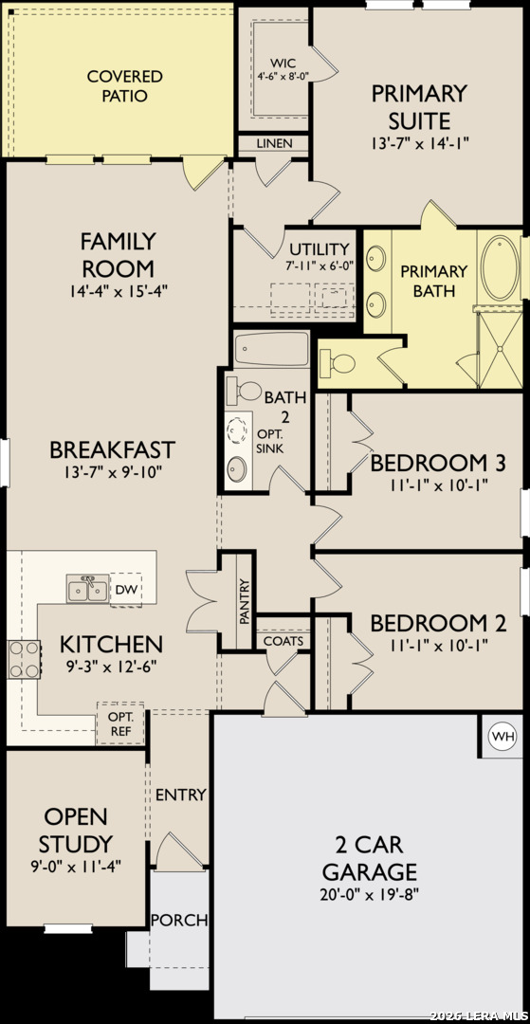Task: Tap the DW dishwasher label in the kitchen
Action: pos(125,590)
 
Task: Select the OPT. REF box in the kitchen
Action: pos(121,724)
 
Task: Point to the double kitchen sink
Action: pos(87,589)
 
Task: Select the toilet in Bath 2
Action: pos(244,391)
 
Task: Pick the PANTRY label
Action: pos(245,602)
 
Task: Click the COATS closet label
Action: pos(283,641)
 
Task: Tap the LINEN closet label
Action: pos(274,143)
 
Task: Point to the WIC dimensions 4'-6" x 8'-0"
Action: pos(283,77)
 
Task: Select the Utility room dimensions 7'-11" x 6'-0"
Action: pos(320,266)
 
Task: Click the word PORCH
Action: pos(179,920)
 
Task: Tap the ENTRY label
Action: pos(181,795)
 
